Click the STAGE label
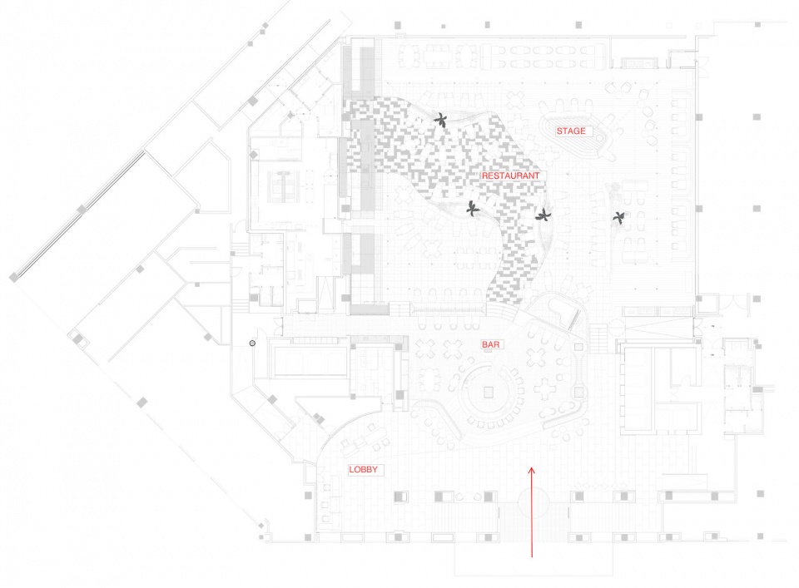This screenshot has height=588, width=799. coord(571,131)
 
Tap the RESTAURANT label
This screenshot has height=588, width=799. coord(510,175)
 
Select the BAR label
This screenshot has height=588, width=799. coord(491,344)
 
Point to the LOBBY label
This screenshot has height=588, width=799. coord(364,469)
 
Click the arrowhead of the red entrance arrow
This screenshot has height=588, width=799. coord(532,471)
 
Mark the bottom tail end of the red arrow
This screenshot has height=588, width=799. coord(532,557)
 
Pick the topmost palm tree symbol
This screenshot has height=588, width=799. coord(441,121)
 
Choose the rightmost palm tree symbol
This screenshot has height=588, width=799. coord(619,219)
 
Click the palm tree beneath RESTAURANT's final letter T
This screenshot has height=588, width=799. coord(543,215)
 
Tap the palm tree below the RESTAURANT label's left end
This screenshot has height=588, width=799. coord(473,208)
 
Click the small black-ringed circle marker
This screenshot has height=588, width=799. coord(252,343)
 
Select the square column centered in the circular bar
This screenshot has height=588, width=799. coord(489,392)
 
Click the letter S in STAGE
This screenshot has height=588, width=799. coord(559,131)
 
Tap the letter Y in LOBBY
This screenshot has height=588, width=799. coord(375,469)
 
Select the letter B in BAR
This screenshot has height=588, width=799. coord(485,344)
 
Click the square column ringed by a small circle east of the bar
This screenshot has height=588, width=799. coord(579,393)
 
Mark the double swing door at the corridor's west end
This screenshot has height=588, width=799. coord(278,326)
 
